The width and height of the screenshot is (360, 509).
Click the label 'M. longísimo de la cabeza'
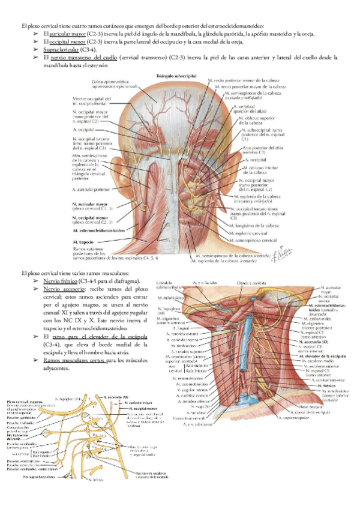[255, 225]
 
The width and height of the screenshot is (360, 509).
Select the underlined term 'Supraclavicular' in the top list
[65, 50]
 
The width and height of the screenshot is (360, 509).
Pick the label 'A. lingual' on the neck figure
[180, 328]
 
